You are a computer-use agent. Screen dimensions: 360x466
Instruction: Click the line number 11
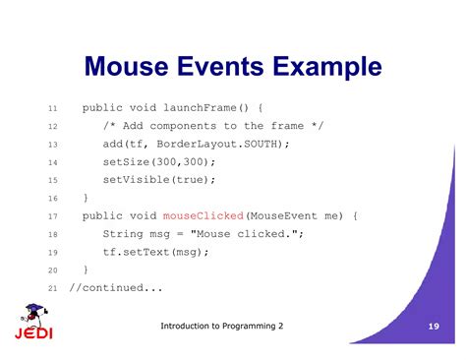coord(53,108)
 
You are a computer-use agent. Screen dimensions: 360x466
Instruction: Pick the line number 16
coord(53,199)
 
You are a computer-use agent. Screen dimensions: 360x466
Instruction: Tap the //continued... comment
coord(116,287)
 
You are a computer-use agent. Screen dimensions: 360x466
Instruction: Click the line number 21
coord(53,288)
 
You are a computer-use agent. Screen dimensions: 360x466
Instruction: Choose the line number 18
coord(53,234)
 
